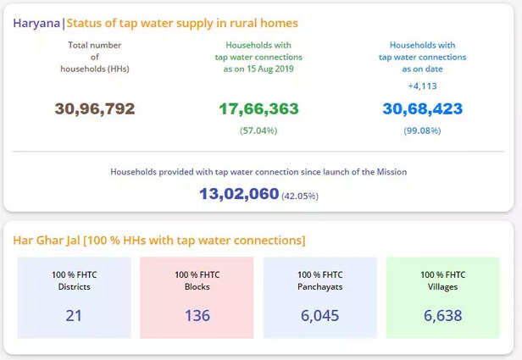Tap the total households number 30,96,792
point(95,108)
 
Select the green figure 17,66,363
point(258,108)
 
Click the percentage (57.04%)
point(258,130)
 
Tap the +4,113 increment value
point(423,86)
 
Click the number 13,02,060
point(239,194)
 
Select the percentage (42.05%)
point(301,196)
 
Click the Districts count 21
point(75,315)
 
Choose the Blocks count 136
point(197,315)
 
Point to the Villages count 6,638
point(442,315)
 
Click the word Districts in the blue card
point(75,286)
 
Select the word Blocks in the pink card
point(197,286)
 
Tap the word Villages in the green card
point(442,286)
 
